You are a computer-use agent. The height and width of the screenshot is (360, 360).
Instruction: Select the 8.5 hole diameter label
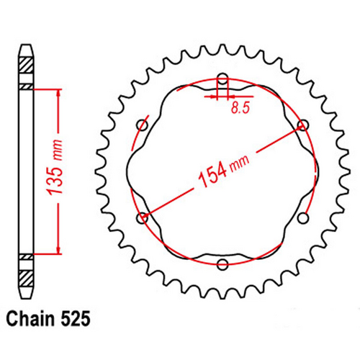click(x=240, y=109)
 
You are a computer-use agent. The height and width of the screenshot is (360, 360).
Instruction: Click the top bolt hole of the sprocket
click(x=222, y=78)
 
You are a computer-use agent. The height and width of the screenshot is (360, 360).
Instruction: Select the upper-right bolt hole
click(x=303, y=125)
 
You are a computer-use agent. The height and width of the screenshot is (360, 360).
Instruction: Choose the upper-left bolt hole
click(x=142, y=125)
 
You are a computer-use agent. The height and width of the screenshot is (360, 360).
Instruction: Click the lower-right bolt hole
click(x=303, y=218)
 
